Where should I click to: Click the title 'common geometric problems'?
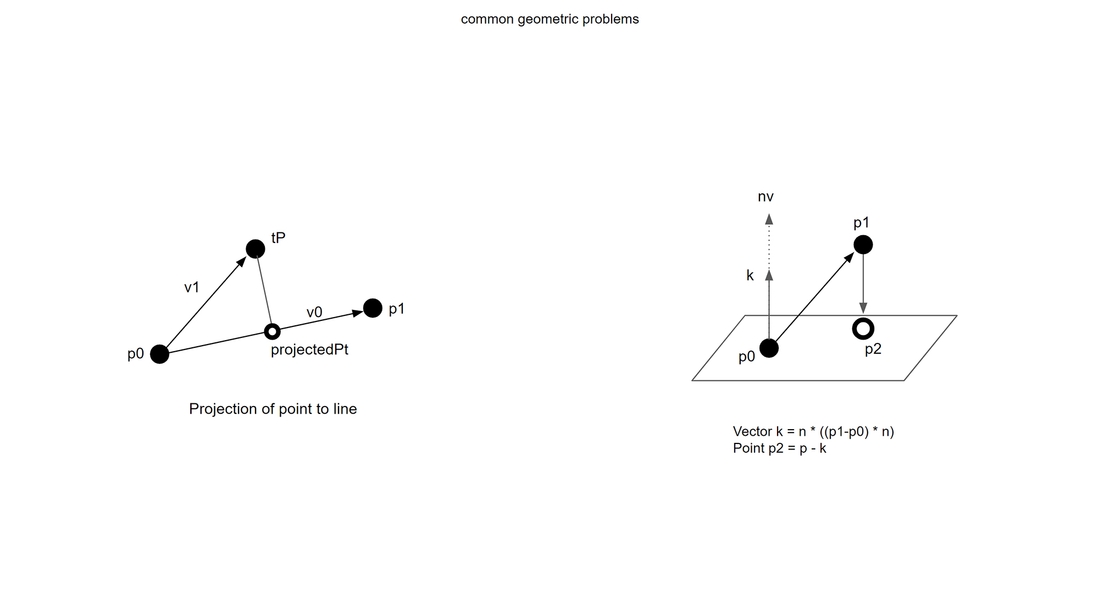coord(549,19)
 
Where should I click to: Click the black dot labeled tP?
coord(256,249)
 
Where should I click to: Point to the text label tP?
coord(278,238)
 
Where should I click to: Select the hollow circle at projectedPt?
coord(272,331)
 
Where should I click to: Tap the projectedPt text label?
coord(309,349)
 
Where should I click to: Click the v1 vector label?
coord(191,287)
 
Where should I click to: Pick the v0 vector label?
coord(314,313)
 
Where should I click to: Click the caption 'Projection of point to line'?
coord(273,409)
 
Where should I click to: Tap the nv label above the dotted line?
coord(765,197)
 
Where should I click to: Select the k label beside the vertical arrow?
coord(750,275)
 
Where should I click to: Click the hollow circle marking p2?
coord(863,329)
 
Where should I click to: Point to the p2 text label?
coord(873,349)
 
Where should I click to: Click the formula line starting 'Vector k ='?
coord(813,431)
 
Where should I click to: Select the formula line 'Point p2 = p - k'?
coord(779,448)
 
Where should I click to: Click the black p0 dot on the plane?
coord(769,348)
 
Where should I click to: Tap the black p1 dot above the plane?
coord(863,245)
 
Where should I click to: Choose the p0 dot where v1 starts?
coord(159,354)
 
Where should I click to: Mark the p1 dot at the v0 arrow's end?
coord(373,308)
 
